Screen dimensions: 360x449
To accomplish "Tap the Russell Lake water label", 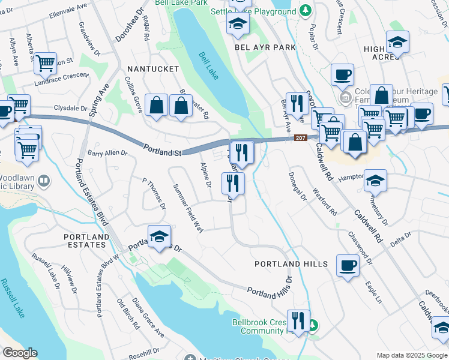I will [10, 301].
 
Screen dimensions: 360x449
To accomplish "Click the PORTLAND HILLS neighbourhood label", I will [291, 264].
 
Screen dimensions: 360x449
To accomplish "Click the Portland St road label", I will [162, 149].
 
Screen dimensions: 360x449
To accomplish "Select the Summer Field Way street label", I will [188, 208].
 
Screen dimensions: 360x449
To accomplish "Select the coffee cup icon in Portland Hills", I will [348, 264].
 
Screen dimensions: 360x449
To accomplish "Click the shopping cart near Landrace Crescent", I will [46, 62].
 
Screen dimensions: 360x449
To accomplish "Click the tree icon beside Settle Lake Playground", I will [306, 10].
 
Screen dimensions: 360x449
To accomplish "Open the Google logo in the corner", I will [20, 353].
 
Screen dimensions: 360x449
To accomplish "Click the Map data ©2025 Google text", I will [412, 355].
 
